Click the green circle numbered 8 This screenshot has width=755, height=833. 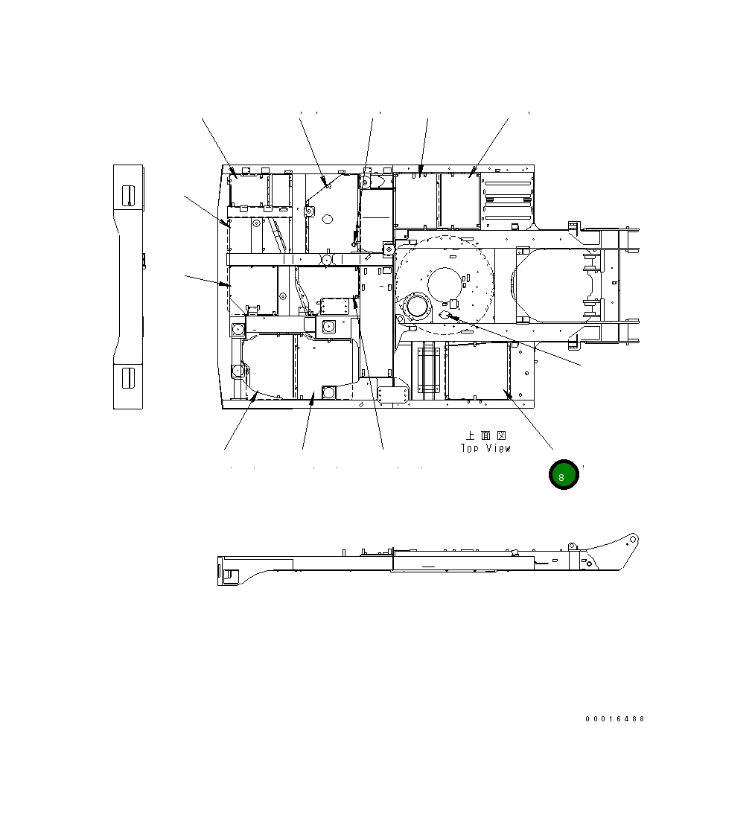coord(563,474)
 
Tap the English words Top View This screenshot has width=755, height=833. coord(485,448)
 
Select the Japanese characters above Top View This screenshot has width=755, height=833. coord(486,435)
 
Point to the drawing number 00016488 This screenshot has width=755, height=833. coord(615,719)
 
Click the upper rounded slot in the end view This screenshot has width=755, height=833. coord(128,195)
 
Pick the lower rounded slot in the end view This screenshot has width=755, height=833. coord(128,377)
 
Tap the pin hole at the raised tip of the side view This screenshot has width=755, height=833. coord(632,539)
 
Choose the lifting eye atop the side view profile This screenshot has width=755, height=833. coord(572,546)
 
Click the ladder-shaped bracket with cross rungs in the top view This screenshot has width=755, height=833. coord(430,370)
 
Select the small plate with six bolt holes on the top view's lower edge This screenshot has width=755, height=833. coord(393,395)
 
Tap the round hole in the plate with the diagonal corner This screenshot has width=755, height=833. coord(328,219)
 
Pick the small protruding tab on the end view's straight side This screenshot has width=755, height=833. coord(144,260)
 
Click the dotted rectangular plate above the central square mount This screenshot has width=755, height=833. coord(333,307)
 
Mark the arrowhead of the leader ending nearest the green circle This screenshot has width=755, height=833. coord(507,394)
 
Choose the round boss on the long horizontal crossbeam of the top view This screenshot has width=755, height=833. coord(327,259)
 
